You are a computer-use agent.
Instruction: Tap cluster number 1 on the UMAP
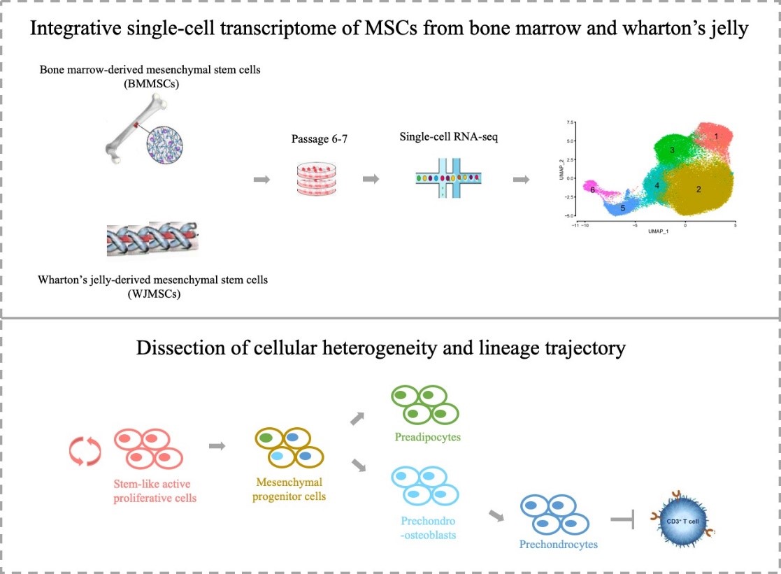click(717, 136)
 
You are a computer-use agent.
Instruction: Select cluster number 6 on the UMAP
click(592, 189)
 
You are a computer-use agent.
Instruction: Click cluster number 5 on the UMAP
click(622, 208)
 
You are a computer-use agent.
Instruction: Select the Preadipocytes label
click(422, 438)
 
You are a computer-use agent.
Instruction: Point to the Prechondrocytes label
click(558, 544)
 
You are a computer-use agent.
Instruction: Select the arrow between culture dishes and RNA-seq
click(371, 180)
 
